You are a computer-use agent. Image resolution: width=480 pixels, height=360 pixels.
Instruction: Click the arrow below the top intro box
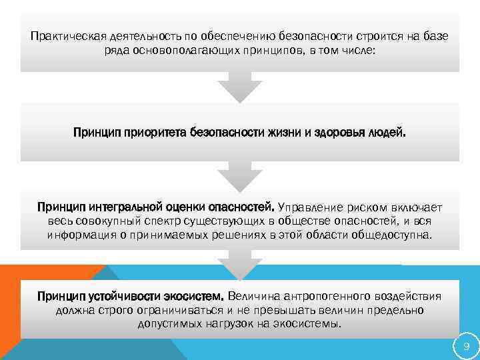(240, 87)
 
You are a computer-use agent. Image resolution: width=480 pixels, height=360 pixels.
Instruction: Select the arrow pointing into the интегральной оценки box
(240, 176)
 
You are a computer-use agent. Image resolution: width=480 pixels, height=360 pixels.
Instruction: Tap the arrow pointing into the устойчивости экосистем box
(240, 265)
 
